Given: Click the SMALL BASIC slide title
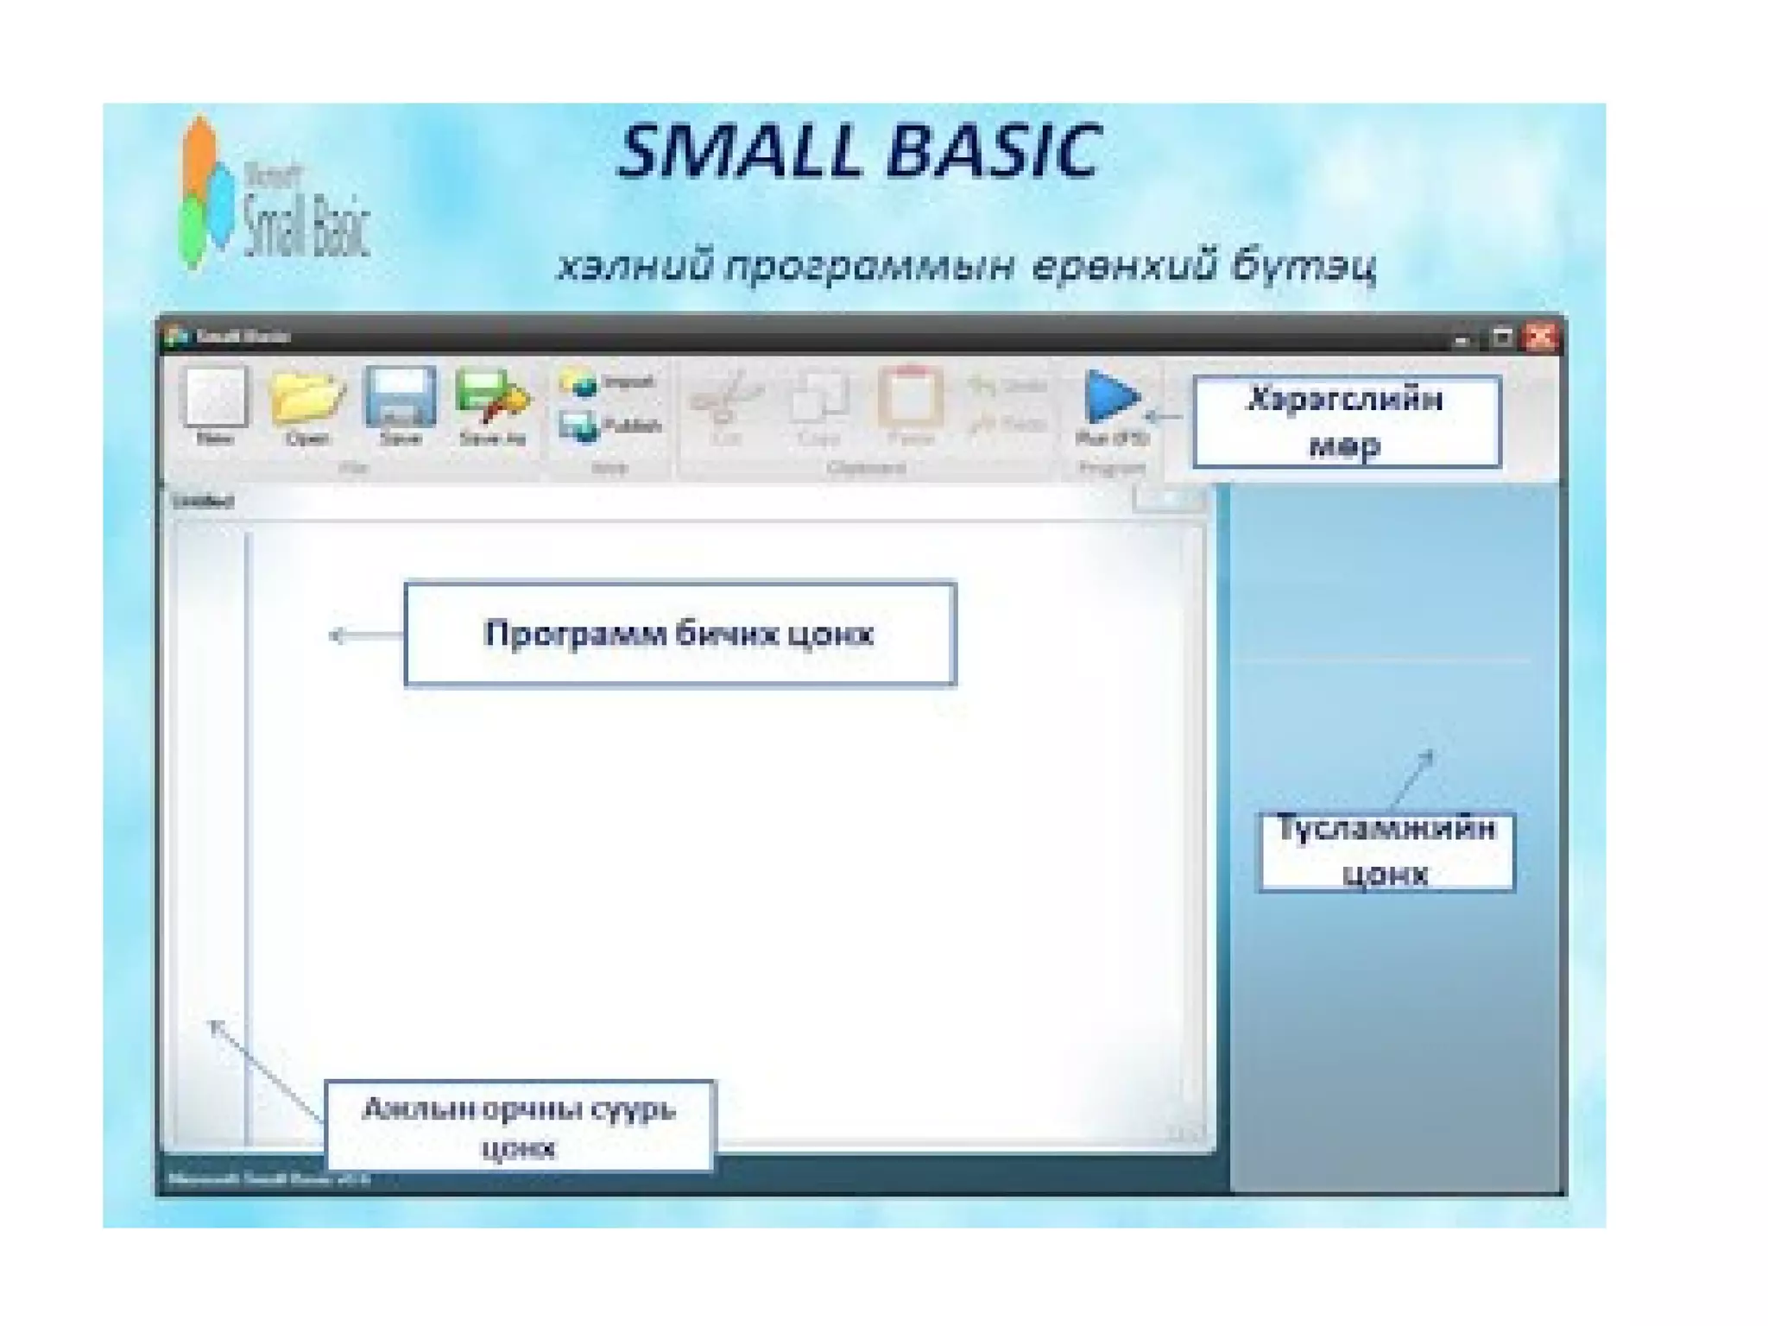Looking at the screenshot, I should (x=859, y=152).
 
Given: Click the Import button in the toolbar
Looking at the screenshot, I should (x=608, y=382).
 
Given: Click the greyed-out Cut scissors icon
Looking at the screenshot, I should (x=727, y=399).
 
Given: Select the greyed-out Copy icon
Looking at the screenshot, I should (x=818, y=399).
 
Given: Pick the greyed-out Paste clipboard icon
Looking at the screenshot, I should (x=910, y=397).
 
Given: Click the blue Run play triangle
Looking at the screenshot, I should (x=1111, y=397).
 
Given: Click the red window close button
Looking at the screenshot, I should (x=1541, y=337).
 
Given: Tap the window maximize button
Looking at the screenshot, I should (x=1502, y=338).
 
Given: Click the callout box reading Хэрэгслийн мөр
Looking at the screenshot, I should (x=1345, y=422).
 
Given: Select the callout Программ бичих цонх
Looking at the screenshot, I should (x=679, y=634).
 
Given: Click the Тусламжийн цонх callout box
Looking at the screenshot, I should (x=1386, y=851).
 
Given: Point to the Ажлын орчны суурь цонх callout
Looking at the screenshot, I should (x=519, y=1126).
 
